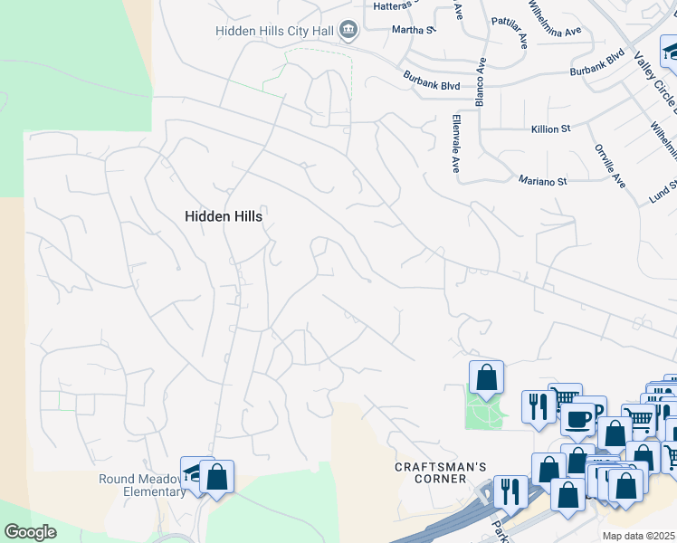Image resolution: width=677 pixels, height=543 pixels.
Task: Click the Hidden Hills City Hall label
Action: pyautogui.click(x=273, y=31)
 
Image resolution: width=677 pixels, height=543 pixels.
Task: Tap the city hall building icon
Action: pyautogui.click(x=347, y=31)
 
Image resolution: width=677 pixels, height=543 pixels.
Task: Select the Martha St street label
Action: pyautogui.click(x=413, y=30)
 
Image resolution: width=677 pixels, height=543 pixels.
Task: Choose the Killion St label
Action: pyautogui.click(x=550, y=129)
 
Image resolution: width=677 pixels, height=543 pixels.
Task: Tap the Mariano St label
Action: pyautogui.click(x=542, y=181)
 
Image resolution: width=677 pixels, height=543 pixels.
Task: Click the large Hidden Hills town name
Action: pyautogui.click(x=224, y=216)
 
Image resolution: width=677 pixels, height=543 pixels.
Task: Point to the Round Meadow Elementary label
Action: pyautogui.click(x=142, y=485)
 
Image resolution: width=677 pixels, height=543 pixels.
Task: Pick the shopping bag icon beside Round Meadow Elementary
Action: pyautogui.click(x=217, y=476)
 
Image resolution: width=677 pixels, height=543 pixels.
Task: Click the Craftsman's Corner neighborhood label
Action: pyautogui.click(x=429, y=472)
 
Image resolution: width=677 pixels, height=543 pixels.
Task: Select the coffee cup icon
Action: pyautogui.click(x=577, y=419)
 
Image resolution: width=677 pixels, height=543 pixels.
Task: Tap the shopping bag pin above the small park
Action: pyautogui.click(x=486, y=376)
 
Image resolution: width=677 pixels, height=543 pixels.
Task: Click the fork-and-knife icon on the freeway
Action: pyautogui.click(x=510, y=491)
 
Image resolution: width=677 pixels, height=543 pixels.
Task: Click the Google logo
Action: pyautogui.click(x=30, y=531)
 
